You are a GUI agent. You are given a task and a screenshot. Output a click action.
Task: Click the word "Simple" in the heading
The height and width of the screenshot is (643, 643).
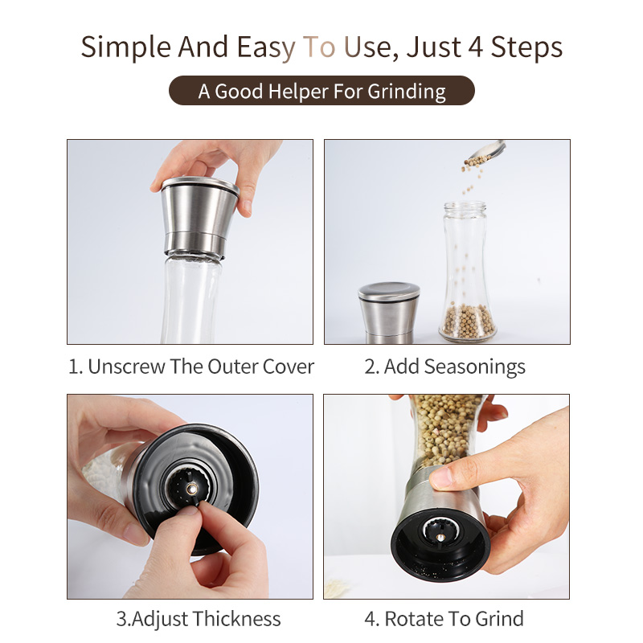coord(125,48)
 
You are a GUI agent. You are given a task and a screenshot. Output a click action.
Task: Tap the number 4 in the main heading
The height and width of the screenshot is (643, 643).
coord(475,47)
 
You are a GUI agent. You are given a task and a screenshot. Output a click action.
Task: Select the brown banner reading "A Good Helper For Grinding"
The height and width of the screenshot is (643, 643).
coord(321,91)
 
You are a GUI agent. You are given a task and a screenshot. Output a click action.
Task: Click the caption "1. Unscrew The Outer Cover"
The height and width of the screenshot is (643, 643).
coord(191,367)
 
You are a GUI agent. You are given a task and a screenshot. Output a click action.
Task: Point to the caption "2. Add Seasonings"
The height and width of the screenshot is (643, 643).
coord(445,367)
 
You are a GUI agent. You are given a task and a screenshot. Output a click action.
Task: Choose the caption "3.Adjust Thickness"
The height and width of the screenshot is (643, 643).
coord(199,618)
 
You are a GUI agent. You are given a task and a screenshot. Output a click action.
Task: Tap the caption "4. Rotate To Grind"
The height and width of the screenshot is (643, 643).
coord(444,618)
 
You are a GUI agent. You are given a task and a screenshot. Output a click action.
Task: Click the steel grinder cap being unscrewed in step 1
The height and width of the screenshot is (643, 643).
coord(199,217)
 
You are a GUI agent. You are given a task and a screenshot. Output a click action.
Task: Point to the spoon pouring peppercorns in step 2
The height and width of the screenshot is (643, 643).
coord(488,149)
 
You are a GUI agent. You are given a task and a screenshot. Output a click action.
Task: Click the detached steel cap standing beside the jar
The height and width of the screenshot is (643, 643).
coord(388,313)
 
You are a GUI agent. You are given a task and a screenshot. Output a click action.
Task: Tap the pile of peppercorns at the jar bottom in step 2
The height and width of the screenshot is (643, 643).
coord(468,321)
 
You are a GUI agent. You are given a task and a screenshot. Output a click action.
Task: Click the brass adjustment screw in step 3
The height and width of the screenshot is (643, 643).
coord(191,489)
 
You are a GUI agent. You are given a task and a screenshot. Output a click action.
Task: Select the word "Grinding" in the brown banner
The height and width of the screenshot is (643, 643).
coord(407,92)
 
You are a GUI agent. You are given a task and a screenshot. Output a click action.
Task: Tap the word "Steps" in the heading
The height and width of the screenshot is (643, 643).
coord(526,48)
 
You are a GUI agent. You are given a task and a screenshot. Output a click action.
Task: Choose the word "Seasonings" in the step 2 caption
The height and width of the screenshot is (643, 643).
coord(475,367)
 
